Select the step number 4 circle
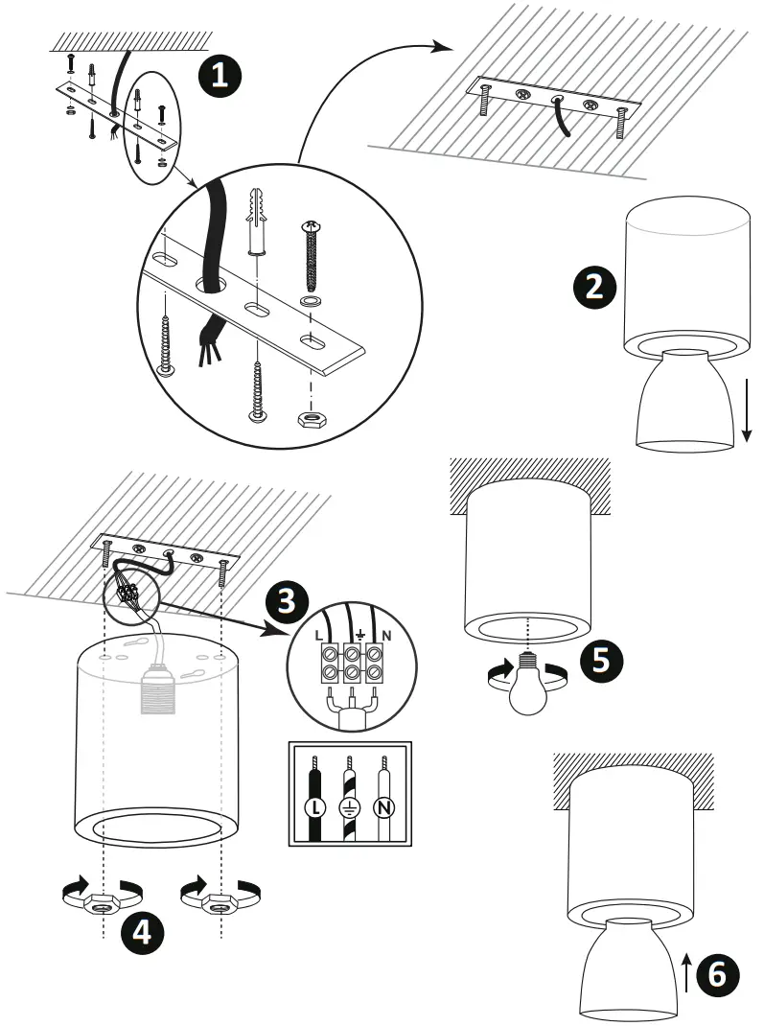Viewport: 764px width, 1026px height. [x=140, y=931]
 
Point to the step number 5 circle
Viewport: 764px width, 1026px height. [x=598, y=661]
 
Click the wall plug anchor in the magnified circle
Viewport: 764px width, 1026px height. [x=257, y=221]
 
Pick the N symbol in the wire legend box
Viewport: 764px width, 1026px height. [x=384, y=806]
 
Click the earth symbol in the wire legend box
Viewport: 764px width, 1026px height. [x=349, y=806]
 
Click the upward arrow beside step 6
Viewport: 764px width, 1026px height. [x=687, y=972]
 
